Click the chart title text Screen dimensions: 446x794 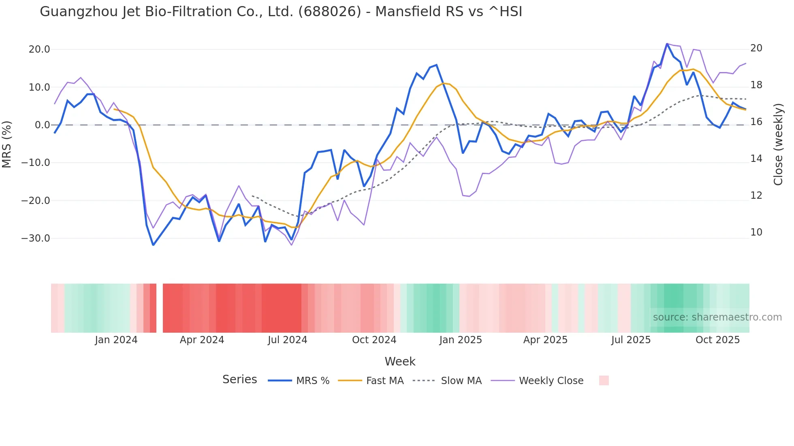pyautogui.click(x=281, y=12)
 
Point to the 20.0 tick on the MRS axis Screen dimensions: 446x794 pyautogui.click(x=39, y=49)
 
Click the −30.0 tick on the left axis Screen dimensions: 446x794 pyautogui.click(x=36, y=238)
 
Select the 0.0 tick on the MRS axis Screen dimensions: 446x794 pyautogui.click(x=42, y=125)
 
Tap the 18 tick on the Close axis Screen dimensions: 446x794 pyautogui.click(x=756, y=85)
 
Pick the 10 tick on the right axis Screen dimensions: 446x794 pyautogui.click(x=756, y=232)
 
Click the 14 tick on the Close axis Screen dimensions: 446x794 pyautogui.click(x=756, y=159)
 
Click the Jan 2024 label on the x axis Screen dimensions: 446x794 pyautogui.click(x=116, y=340)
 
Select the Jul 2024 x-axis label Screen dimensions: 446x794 pyautogui.click(x=288, y=340)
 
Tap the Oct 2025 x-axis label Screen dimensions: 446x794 pyautogui.click(x=717, y=340)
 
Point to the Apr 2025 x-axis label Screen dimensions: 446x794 pyautogui.click(x=545, y=340)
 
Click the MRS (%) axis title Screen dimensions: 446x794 pyautogui.click(x=7, y=144)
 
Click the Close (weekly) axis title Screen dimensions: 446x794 pyautogui.click(x=778, y=144)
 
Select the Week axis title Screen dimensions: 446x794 pyautogui.click(x=400, y=361)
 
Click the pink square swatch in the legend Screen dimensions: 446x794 pyautogui.click(x=604, y=380)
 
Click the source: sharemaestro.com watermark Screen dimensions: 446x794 pyautogui.click(x=717, y=317)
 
